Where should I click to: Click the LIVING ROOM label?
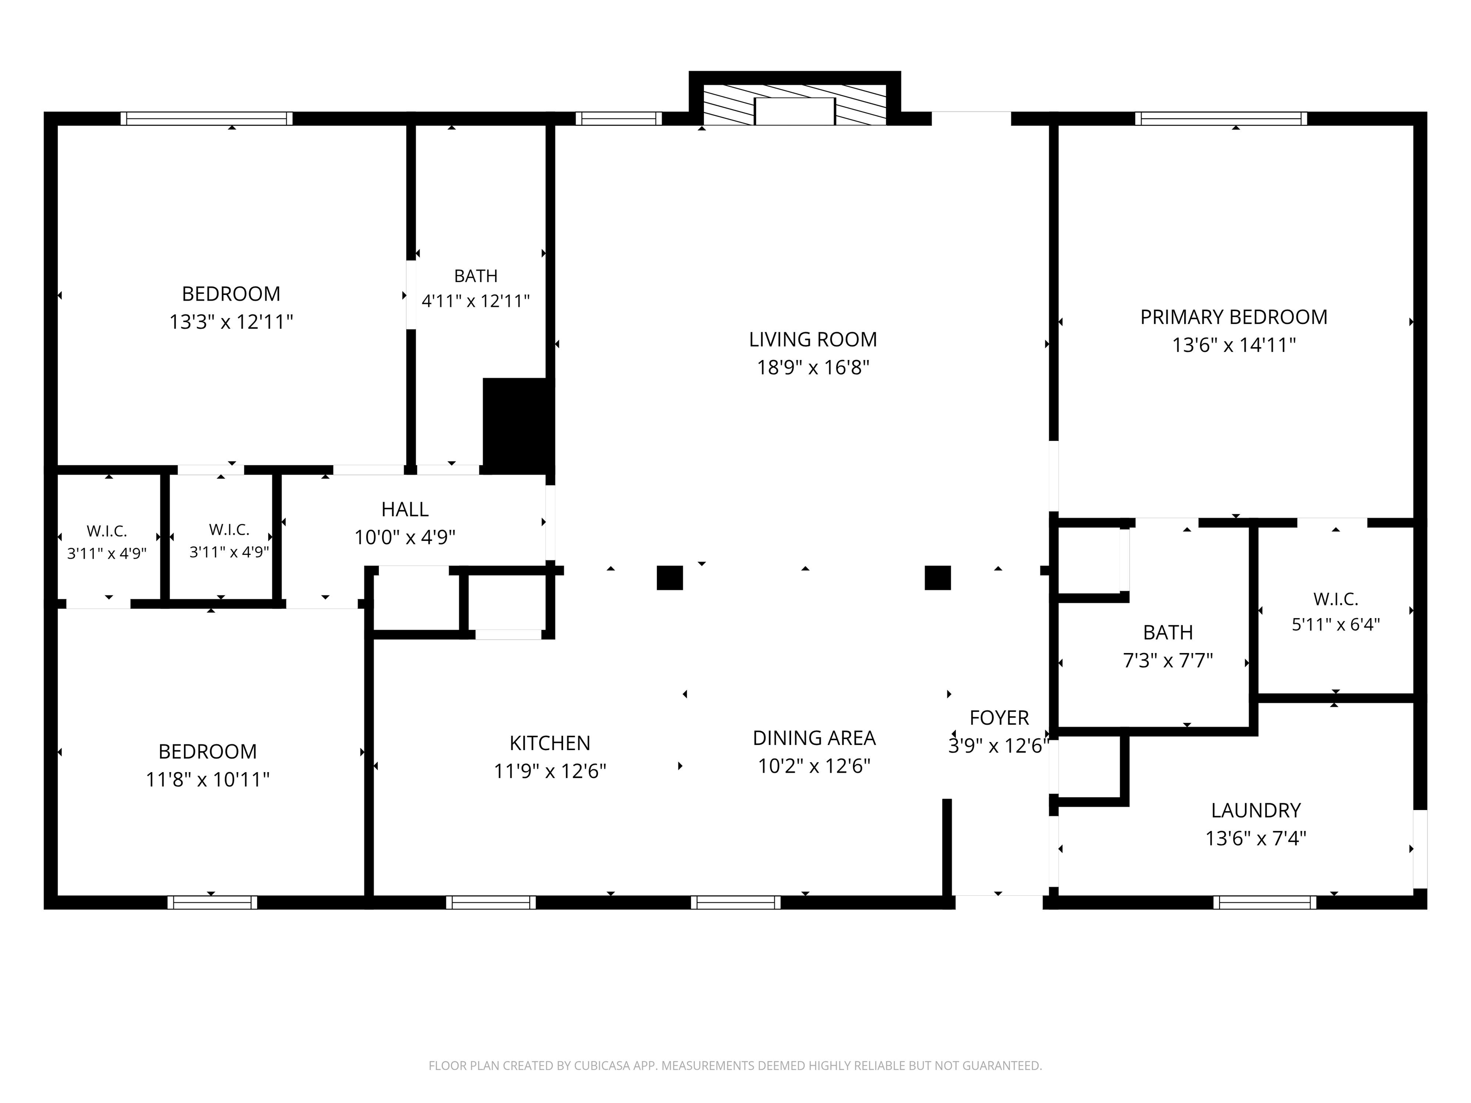[x=813, y=340]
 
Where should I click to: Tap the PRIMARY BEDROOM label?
[x=1233, y=317]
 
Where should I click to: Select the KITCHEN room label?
[x=550, y=743]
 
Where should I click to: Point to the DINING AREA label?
[x=814, y=738]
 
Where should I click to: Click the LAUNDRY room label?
[x=1256, y=810]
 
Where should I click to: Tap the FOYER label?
[x=999, y=718]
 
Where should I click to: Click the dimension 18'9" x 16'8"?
[x=813, y=368]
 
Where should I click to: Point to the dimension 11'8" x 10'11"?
[x=207, y=779]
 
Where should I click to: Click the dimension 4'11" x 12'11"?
[x=475, y=301]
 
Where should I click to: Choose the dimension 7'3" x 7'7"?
[x=1168, y=661]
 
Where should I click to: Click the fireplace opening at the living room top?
[x=795, y=111]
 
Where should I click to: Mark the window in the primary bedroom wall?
[x=1221, y=118]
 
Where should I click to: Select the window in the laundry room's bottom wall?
[x=1265, y=902]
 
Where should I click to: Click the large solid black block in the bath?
[x=518, y=426]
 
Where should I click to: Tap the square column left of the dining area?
[x=670, y=578]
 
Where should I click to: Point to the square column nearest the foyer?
[x=938, y=578]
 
